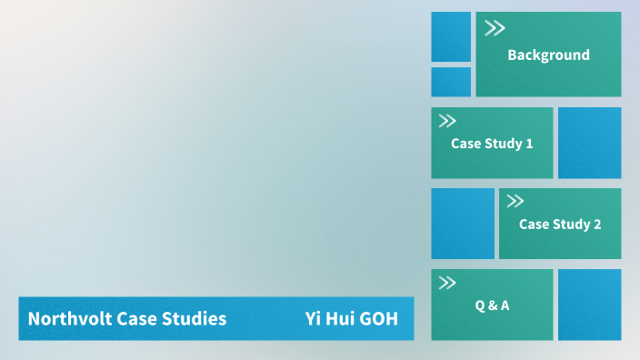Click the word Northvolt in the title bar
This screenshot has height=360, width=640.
65,319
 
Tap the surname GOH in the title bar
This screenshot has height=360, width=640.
378,319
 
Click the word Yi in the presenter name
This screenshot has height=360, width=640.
314,319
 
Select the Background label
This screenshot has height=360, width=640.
548,55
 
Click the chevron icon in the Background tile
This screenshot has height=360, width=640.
495,28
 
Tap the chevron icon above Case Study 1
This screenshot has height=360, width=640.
447,121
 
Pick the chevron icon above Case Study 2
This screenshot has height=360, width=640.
515,202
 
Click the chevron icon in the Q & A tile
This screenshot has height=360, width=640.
447,283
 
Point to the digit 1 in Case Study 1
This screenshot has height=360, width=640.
529,144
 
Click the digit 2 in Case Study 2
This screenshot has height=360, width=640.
597,225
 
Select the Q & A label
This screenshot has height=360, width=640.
492,305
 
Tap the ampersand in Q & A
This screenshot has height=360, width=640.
492,305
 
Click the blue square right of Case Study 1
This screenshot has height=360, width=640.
589,143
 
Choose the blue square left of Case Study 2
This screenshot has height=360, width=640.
463,224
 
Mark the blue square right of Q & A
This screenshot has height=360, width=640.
589,305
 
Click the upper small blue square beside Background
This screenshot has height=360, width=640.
451,36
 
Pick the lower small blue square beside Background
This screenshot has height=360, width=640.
451,82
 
